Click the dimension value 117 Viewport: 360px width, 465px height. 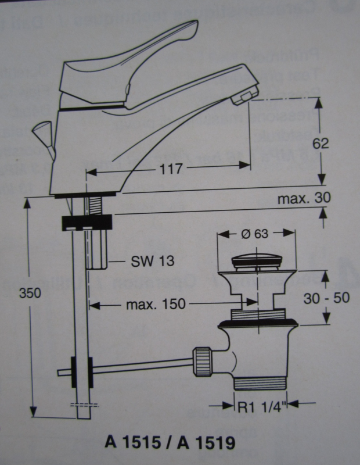[x=170, y=169]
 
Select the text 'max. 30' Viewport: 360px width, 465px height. [x=303, y=198]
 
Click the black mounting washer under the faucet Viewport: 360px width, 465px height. [x=87, y=221]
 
